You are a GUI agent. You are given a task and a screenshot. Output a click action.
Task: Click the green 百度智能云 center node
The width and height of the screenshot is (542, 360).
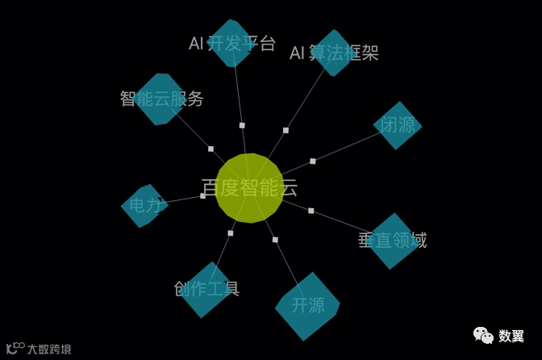[x=250, y=187]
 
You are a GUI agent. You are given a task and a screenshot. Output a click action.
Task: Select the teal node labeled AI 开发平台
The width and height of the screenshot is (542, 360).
[x=231, y=44]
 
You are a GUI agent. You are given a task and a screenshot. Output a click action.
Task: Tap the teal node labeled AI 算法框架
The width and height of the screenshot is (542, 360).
[x=333, y=52]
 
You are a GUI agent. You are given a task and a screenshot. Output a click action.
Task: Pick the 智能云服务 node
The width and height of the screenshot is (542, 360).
[x=161, y=98]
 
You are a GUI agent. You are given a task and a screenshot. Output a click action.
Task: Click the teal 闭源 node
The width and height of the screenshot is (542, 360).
[x=398, y=125]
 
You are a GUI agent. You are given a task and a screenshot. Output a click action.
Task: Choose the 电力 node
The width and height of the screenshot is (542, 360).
[x=144, y=205]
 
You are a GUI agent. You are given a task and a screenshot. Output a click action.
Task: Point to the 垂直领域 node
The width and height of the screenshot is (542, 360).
[x=393, y=241]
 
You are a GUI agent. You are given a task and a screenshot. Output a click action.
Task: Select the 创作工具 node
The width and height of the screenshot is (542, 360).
[x=208, y=288]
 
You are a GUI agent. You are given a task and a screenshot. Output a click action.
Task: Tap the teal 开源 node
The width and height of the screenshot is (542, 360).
[x=307, y=306]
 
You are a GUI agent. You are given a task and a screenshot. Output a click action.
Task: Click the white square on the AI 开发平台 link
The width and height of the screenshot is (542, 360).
[x=242, y=125]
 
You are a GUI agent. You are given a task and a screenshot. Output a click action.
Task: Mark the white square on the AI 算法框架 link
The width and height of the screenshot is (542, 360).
[x=286, y=130]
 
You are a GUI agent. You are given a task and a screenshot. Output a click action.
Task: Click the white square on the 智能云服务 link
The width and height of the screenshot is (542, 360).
[x=211, y=149]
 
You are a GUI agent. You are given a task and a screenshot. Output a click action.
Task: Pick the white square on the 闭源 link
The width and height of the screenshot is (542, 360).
[x=313, y=161]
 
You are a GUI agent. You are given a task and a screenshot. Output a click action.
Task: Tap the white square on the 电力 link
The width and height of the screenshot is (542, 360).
[x=203, y=196]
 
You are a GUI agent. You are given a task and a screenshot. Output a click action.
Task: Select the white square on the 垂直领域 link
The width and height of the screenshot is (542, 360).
[x=311, y=211]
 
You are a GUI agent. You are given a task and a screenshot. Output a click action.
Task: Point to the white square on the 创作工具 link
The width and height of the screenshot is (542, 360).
[x=230, y=233]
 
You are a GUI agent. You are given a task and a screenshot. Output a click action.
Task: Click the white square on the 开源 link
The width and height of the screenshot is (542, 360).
[x=275, y=240]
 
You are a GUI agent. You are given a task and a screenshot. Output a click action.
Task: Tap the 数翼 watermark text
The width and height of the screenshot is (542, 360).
[x=511, y=336]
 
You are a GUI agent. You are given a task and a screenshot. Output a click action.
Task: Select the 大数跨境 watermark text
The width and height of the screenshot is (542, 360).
[x=49, y=350]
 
